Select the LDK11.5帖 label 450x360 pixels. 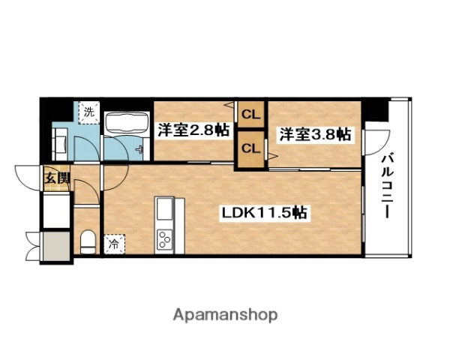click(262, 213)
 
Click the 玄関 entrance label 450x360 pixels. click(55, 178)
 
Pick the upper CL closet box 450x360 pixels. click(250, 115)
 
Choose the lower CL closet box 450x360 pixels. click(250, 147)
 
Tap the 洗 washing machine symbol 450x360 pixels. click(89, 113)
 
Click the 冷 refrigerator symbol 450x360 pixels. click(114, 243)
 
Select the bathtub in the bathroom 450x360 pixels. click(125, 125)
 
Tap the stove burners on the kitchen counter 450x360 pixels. click(164, 239)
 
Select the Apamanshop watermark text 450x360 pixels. click(225, 315)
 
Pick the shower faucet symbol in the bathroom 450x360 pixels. click(141, 148)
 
